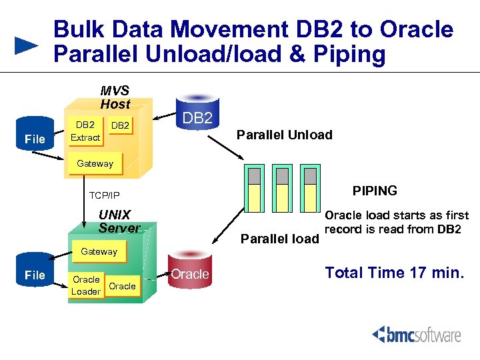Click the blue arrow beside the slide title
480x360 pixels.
tap(27, 46)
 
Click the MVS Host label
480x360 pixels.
tap(115, 97)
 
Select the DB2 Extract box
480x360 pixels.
tap(85, 131)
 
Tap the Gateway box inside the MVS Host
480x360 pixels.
tap(95, 163)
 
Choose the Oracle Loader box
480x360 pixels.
tap(86, 285)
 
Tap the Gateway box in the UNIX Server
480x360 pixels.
tap(99, 251)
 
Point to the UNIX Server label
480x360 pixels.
tap(119, 221)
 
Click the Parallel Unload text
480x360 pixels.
tap(285, 135)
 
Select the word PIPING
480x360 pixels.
tap(375, 191)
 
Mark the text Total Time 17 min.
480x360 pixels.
tap(393, 273)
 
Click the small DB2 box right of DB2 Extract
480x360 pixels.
tap(120, 126)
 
